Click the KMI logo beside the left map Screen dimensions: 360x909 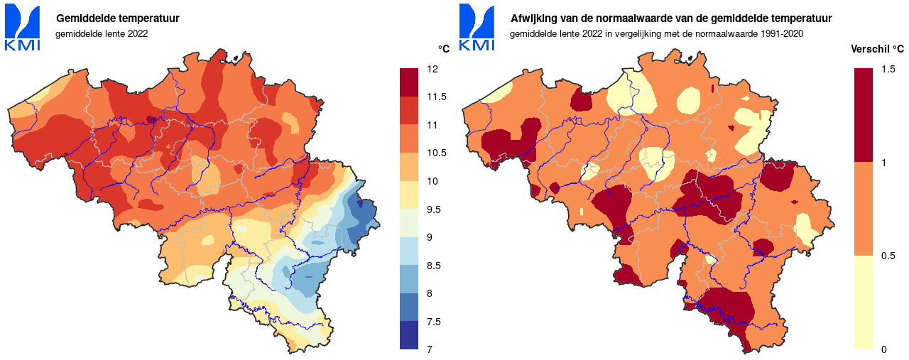coord(23,28)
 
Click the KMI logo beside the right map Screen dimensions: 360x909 coord(477,28)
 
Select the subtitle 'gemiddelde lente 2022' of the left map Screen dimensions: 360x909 coord(102,34)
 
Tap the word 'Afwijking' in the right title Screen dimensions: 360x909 coord(534,18)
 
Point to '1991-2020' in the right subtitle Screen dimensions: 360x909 coord(783,34)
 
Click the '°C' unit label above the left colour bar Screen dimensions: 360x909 coord(443,49)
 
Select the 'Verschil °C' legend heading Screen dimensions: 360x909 coord(878,49)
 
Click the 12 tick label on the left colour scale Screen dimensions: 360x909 coord(432,69)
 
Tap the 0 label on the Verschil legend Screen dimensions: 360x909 coord(883,349)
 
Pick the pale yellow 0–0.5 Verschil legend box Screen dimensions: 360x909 coord(863,302)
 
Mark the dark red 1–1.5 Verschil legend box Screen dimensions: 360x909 coord(863,115)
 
